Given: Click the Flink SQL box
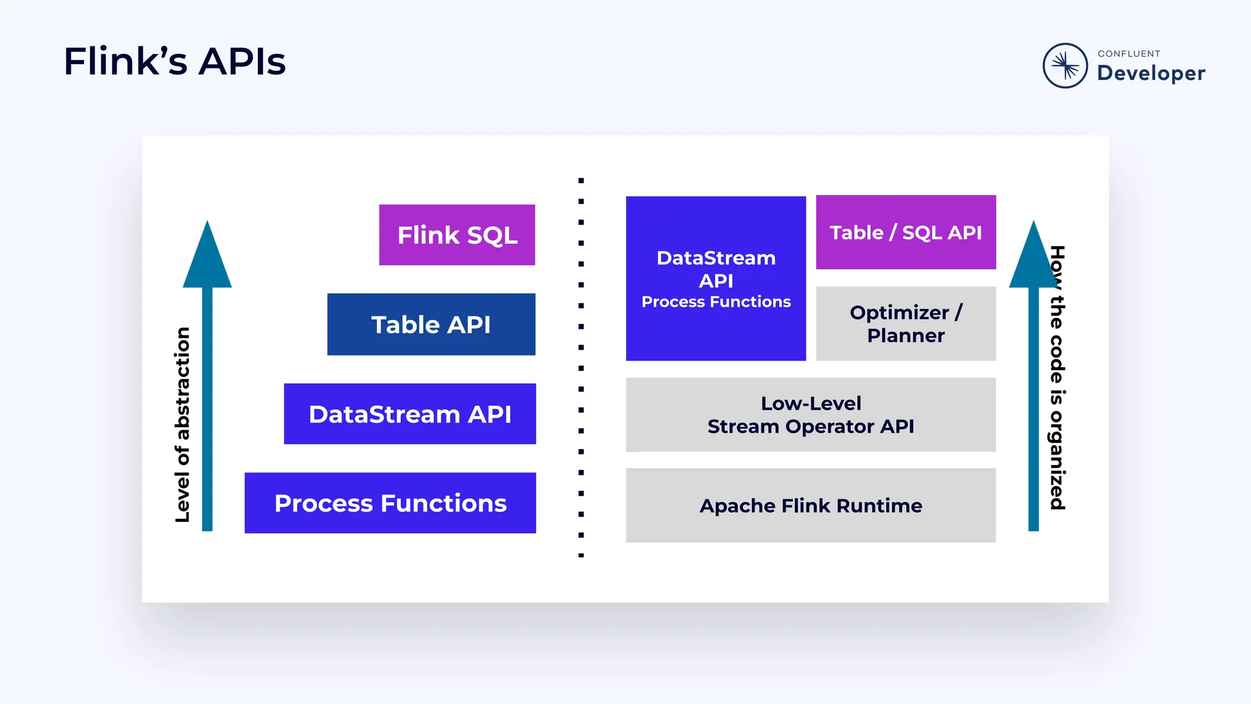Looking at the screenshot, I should pyautogui.click(x=457, y=235).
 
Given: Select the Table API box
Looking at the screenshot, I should pyautogui.click(x=431, y=324).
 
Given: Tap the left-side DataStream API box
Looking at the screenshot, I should pyautogui.click(x=410, y=414).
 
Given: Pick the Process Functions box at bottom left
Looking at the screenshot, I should pyautogui.click(x=390, y=503).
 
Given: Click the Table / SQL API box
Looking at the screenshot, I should pyautogui.click(x=906, y=232).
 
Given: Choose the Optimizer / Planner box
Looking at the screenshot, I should pyautogui.click(x=906, y=324).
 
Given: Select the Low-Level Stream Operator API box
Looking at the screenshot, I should pyautogui.click(x=811, y=415).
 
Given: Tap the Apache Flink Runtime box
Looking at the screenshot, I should pyautogui.click(x=811, y=505).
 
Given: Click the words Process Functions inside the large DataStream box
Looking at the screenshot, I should pyautogui.click(x=716, y=302).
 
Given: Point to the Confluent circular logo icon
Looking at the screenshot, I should pyautogui.click(x=1065, y=65).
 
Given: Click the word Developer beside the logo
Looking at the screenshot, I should pyautogui.click(x=1151, y=73).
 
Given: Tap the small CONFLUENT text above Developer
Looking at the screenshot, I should pyautogui.click(x=1129, y=54).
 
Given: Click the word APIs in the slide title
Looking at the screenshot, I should pyautogui.click(x=242, y=62).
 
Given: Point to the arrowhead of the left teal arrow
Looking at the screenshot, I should pyautogui.click(x=207, y=257).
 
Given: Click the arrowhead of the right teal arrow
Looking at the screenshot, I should pyautogui.click(x=1033, y=257).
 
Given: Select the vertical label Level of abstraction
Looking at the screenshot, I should pyautogui.click(x=182, y=425).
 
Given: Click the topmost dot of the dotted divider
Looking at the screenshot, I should pyautogui.click(x=581, y=180).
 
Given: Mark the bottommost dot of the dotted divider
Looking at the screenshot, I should pyautogui.click(x=581, y=555).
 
